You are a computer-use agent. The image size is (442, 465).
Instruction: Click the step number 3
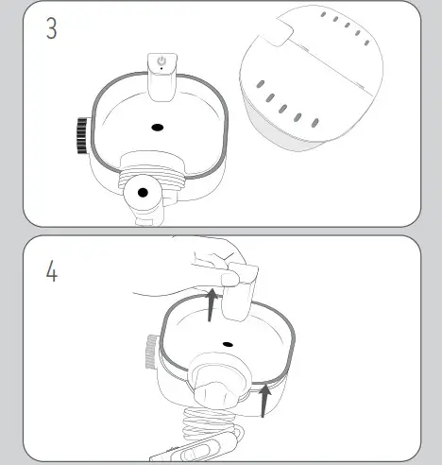[52, 28]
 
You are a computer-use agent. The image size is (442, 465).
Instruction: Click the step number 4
[52, 273]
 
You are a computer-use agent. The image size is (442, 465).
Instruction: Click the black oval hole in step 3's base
[157, 127]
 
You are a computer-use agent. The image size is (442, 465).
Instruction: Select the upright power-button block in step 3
[162, 76]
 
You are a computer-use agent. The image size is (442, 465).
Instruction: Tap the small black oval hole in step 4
[226, 345]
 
